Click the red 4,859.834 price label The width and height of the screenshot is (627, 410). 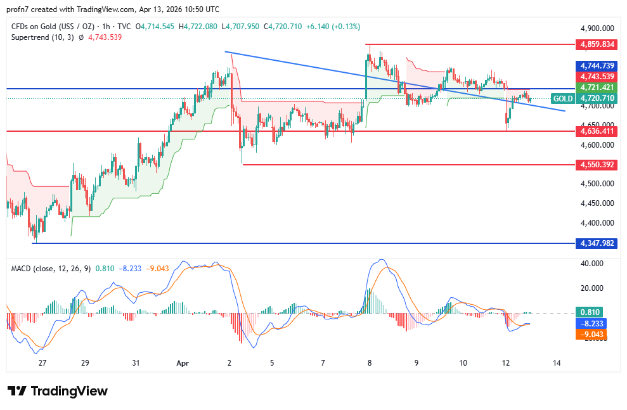(x=595, y=44)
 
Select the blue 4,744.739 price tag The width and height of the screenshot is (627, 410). (x=595, y=66)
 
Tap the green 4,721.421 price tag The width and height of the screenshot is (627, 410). (x=595, y=87)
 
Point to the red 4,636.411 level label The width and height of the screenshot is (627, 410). (x=595, y=131)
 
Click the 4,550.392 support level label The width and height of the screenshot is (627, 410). (x=595, y=165)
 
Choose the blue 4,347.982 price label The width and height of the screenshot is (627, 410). (x=595, y=243)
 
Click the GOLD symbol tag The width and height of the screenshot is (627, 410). (x=562, y=98)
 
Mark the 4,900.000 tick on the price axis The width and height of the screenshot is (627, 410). (x=598, y=29)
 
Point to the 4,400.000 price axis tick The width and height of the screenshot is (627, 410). (x=598, y=223)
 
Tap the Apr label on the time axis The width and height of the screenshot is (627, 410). (x=183, y=364)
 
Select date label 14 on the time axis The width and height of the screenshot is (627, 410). (x=557, y=364)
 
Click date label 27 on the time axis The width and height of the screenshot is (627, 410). (x=42, y=364)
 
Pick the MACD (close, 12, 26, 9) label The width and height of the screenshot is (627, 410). (x=51, y=269)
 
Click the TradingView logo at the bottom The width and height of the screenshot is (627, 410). (x=58, y=391)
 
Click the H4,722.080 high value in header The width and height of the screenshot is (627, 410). (x=198, y=27)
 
